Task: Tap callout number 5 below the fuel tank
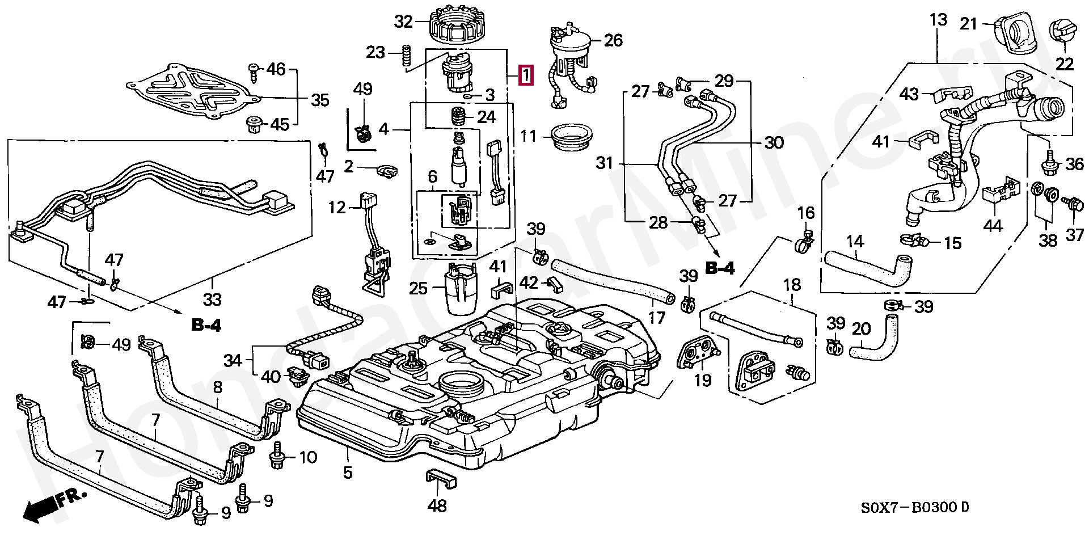[x=348, y=472]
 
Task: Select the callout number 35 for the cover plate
[x=320, y=100]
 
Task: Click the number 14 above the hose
[x=855, y=242]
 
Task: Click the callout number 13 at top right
[x=939, y=20]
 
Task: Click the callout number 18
[x=792, y=284]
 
